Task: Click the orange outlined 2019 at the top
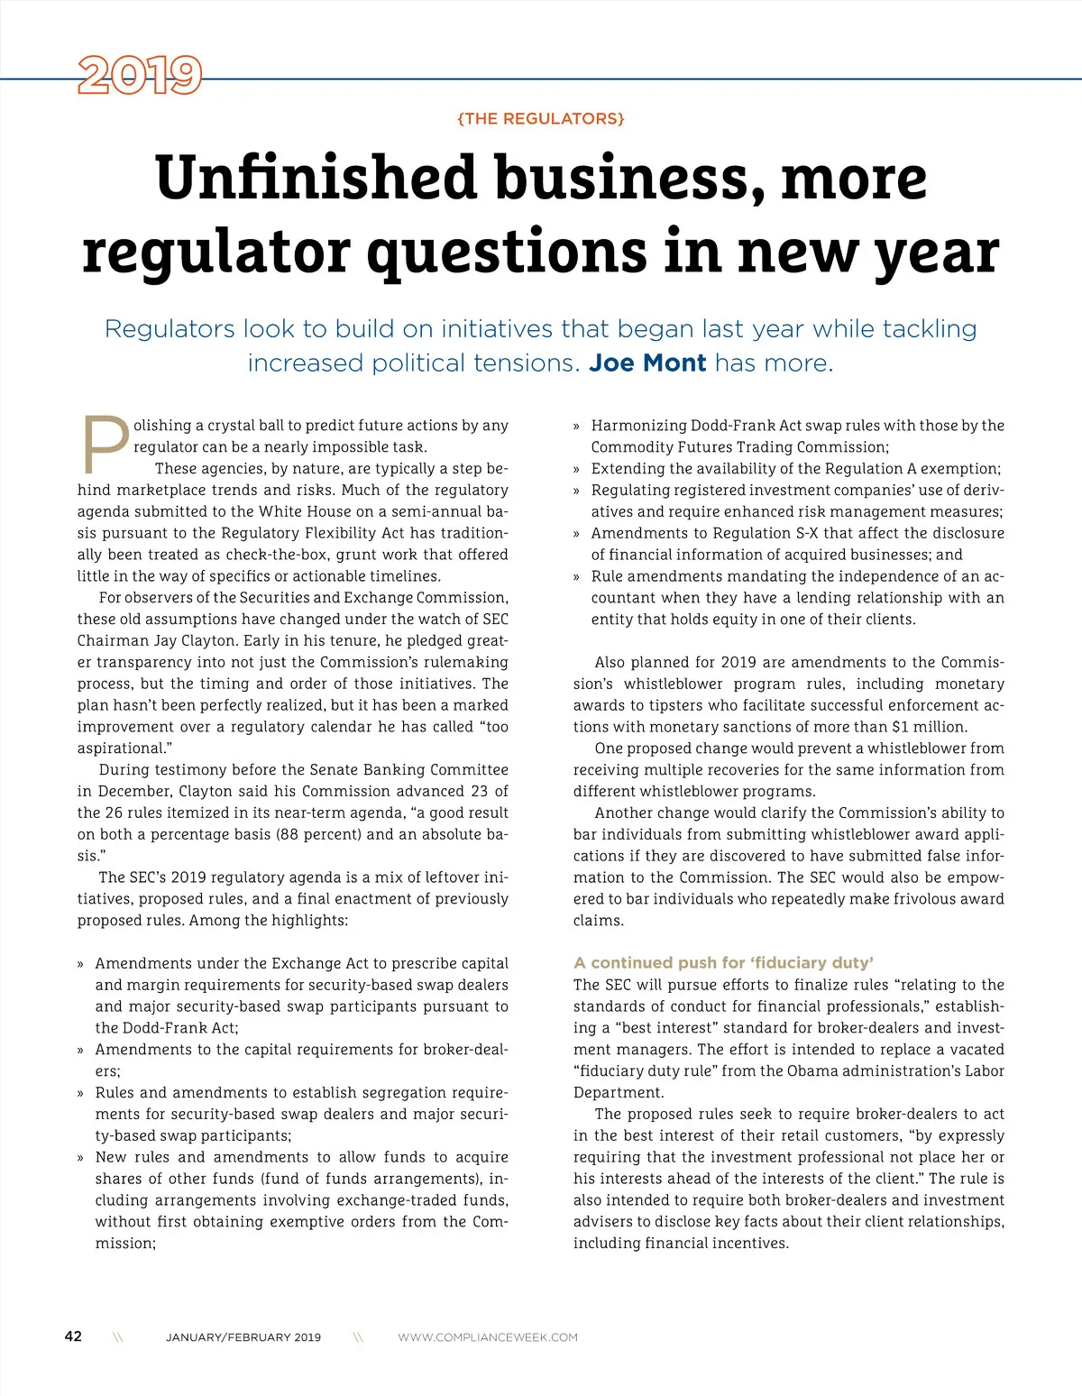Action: click(x=140, y=76)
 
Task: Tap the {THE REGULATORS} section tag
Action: click(x=541, y=119)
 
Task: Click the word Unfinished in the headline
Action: click(x=315, y=178)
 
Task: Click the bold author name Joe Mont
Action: click(x=647, y=363)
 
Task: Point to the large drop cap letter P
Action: click(x=105, y=445)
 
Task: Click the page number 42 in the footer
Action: click(x=73, y=1336)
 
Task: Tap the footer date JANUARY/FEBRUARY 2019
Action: click(x=243, y=1337)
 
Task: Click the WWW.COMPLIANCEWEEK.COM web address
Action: click(x=488, y=1337)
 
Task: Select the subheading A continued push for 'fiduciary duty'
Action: click(x=723, y=962)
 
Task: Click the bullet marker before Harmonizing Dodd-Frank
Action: click(x=577, y=426)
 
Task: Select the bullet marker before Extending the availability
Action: click(x=577, y=469)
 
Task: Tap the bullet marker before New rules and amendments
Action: click(x=81, y=1157)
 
